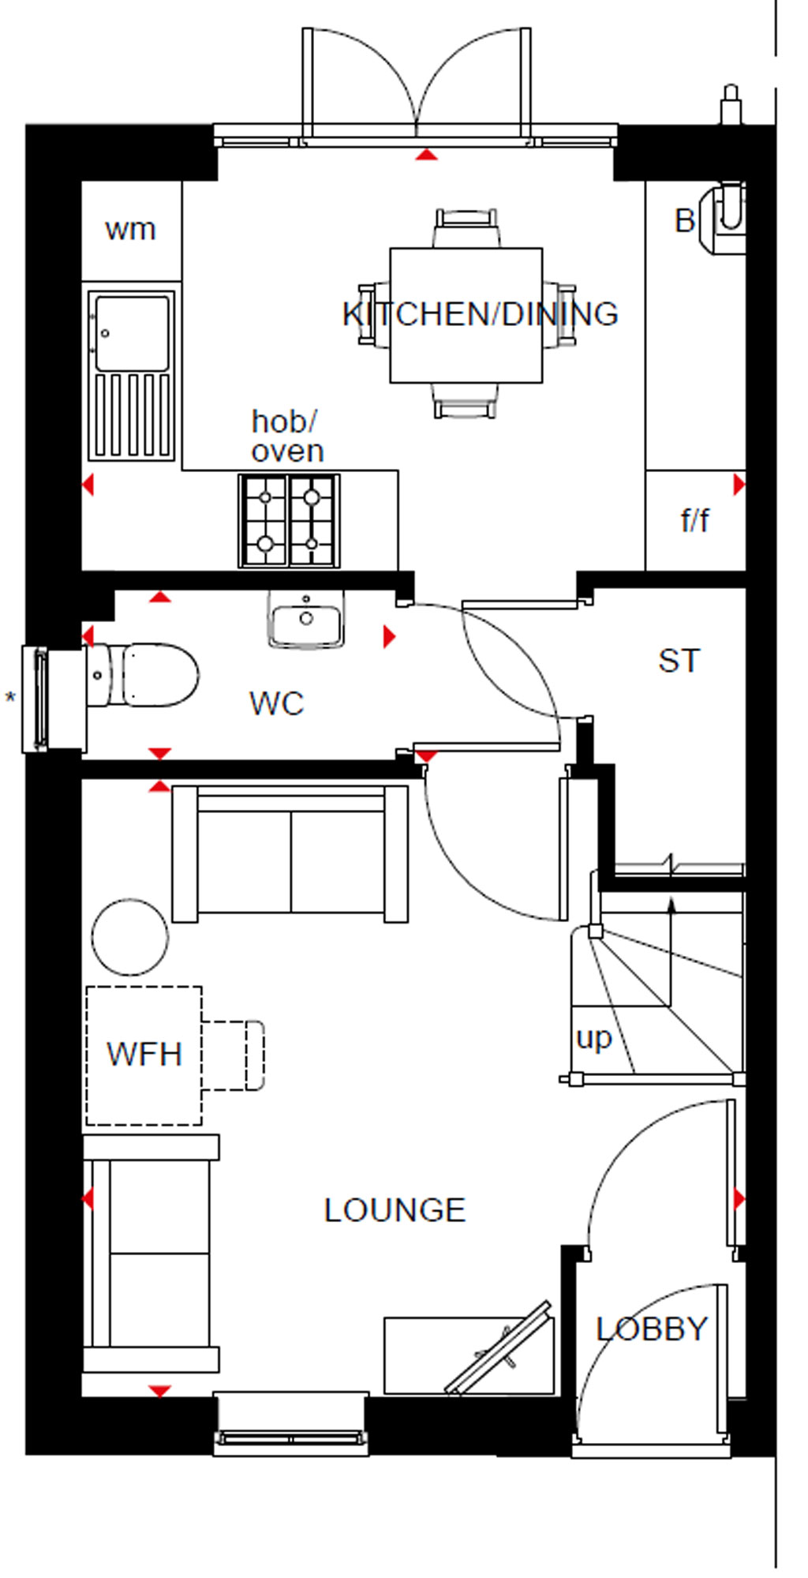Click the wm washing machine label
point(130,230)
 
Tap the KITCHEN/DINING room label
point(480,314)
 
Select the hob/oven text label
point(287,437)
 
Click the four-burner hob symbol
point(290,520)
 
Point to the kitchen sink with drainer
point(132,375)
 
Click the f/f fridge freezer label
point(694,520)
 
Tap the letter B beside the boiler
point(685,221)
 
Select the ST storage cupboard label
point(679,661)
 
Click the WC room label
point(276,703)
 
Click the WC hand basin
point(306,620)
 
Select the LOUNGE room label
point(395,1210)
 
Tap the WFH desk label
point(144,1055)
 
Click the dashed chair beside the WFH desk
point(233,1055)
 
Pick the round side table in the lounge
point(130,937)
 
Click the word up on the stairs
point(594,1039)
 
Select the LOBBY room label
point(652,1329)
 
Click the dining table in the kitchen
point(466,315)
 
